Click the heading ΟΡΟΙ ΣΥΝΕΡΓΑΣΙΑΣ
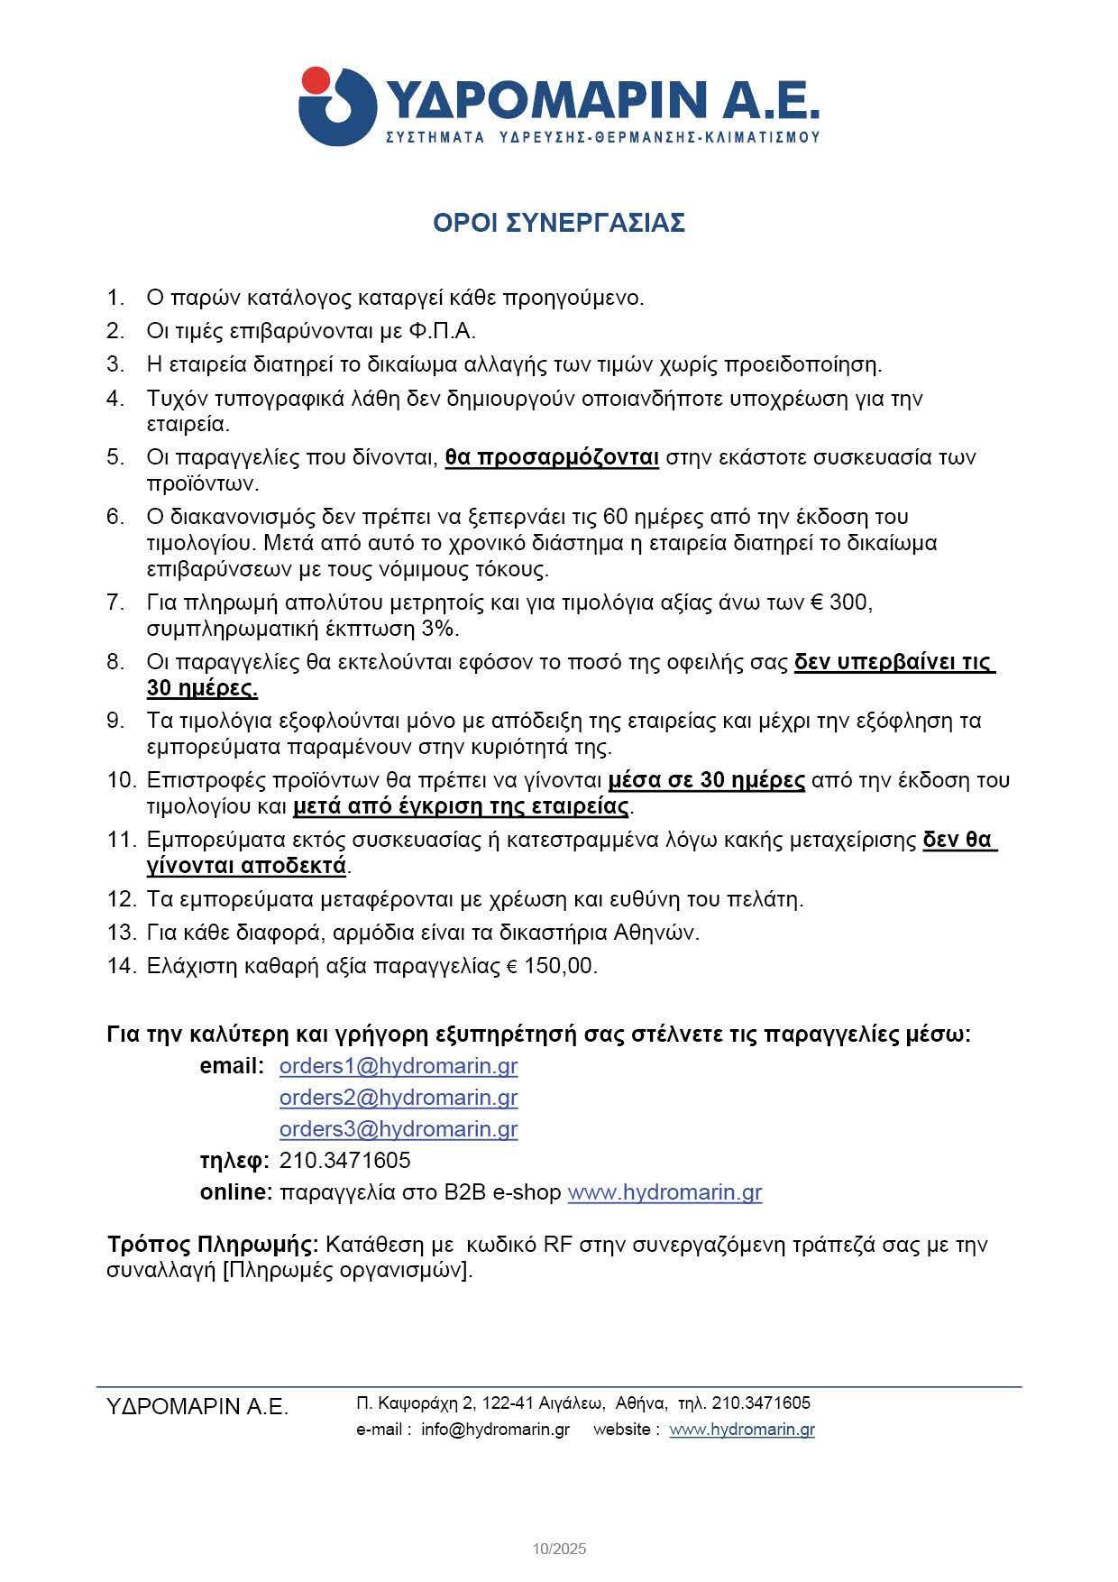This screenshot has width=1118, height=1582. coord(559,223)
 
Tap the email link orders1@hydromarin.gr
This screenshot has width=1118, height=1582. coord(399,1066)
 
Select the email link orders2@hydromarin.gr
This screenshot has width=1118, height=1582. coord(399,1098)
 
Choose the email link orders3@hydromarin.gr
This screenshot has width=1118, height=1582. coord(399,1129)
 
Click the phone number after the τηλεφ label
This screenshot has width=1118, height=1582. coord(345,1160)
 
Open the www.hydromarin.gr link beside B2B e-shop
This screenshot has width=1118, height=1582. coord(664,1192)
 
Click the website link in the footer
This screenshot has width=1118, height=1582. coord(742,1430)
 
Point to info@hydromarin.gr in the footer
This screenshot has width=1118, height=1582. coord(495,1430)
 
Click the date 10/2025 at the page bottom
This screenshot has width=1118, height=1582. coord(559,1550)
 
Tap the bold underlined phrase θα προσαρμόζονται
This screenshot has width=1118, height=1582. coord(552,457)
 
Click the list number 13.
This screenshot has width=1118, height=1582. coord(120,933)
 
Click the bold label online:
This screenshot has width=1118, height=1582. coord(236,1192)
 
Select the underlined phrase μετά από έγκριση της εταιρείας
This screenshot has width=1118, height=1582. coord(461,805)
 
